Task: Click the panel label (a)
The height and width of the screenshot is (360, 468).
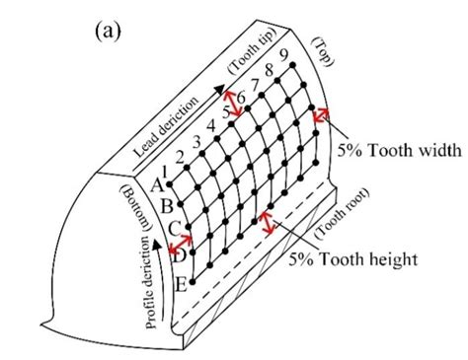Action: point(110,32)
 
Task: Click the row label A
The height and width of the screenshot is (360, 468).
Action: point(155,182)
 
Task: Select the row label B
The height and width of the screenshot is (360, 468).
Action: point(165,205)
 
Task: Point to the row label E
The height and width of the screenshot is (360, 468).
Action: point(181,285)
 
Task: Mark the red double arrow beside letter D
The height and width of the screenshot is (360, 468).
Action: point(179,251)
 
